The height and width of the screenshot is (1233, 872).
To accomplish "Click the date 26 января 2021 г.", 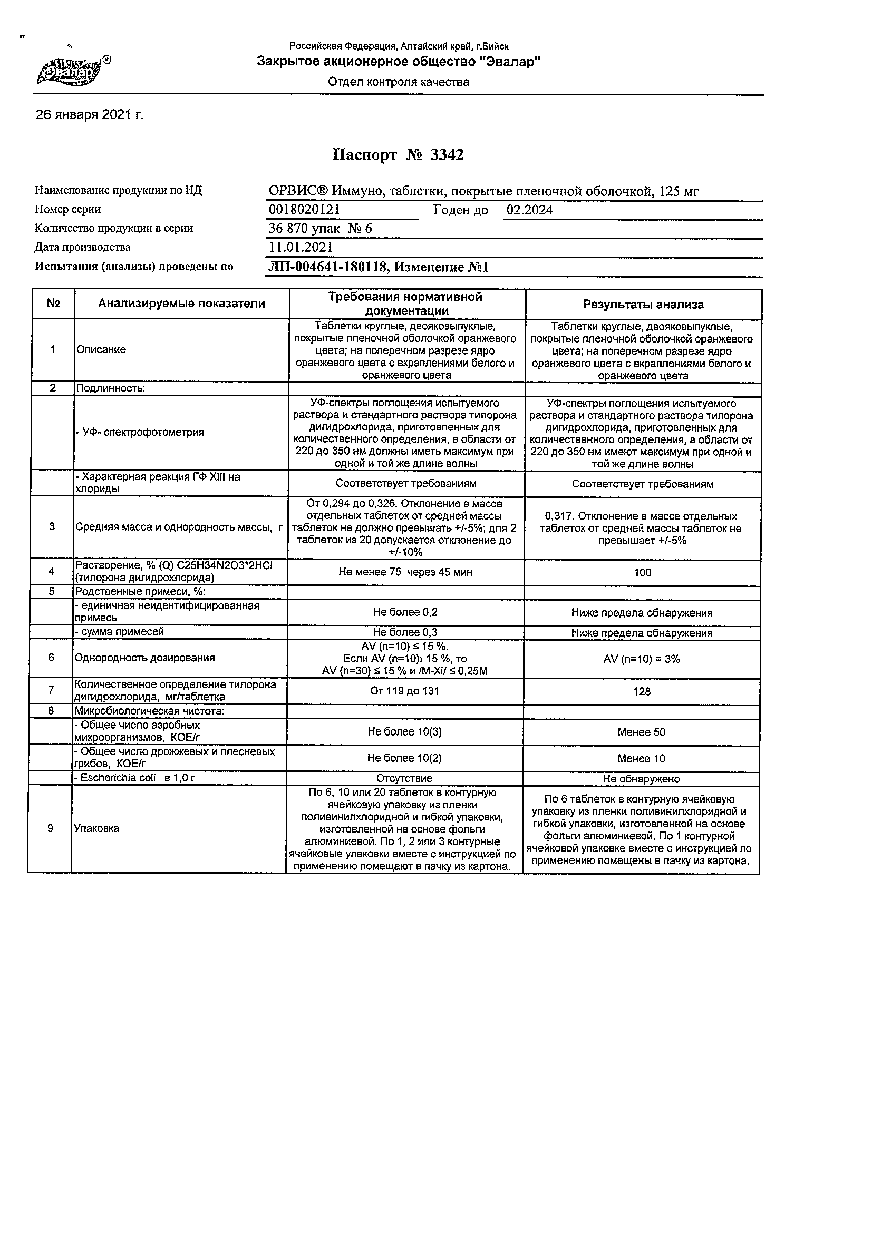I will pos(89,115).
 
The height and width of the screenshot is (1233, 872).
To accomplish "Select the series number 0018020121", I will pos(304,209).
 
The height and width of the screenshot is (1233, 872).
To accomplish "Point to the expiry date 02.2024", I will pos(530,210).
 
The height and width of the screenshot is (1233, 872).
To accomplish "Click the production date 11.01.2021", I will pos(301,248).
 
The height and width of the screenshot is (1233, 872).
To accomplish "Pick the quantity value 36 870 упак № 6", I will pos(320,229).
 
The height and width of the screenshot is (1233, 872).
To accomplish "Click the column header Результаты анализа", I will pos(643,305).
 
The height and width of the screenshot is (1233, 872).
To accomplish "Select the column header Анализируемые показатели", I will pos(181,304).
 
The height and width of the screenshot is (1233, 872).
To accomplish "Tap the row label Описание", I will pos(102,349).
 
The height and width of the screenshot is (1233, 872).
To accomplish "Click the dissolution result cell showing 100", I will pos(642,572).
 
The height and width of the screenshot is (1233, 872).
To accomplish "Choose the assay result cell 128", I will pos(642,691).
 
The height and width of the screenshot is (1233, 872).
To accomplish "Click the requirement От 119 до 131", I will pos(404,691).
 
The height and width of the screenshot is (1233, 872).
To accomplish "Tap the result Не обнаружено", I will pos(641,779).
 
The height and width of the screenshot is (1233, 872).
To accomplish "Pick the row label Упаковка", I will pos(96,829).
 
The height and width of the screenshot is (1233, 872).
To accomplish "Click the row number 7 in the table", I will pos(51,690).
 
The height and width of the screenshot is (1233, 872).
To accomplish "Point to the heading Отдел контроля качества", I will pos(398,82).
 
